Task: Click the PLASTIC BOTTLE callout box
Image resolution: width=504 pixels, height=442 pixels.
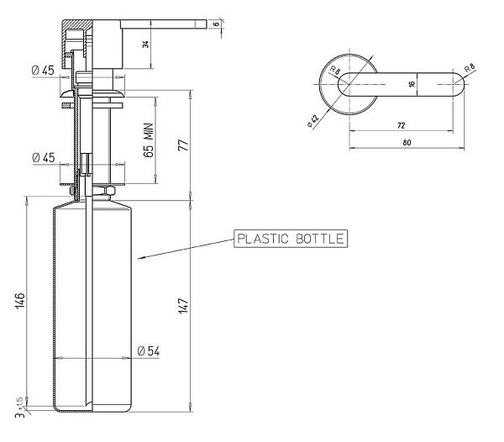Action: click(289, 239)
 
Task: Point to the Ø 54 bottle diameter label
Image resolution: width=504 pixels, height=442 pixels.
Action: click(148, 350)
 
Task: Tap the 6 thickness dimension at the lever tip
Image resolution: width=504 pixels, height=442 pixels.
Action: click(216, 24)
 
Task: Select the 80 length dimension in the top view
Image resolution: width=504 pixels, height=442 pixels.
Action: click(407, 143)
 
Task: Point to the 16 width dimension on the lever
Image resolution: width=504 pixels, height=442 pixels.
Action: click(412, 84)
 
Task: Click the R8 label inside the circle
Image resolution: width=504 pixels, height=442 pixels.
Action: click(334, 71)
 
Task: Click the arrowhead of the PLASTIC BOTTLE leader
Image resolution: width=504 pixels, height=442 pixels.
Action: click(140, 256)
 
